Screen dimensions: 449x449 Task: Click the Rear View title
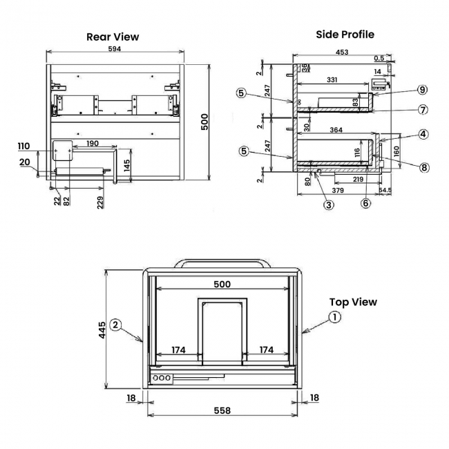113,37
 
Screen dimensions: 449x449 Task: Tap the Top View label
353,302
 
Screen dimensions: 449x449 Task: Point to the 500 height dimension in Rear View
204,122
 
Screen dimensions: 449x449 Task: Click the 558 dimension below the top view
222,410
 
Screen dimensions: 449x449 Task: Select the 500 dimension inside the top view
222,284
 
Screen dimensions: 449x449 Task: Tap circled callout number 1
334,317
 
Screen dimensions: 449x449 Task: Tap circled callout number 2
115,324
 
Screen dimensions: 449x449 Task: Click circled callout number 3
329,204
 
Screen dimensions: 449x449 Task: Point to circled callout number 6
366,203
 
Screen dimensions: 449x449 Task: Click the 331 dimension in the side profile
332,81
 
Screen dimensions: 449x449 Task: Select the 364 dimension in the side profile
336,130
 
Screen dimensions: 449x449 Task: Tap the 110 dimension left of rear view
24,146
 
